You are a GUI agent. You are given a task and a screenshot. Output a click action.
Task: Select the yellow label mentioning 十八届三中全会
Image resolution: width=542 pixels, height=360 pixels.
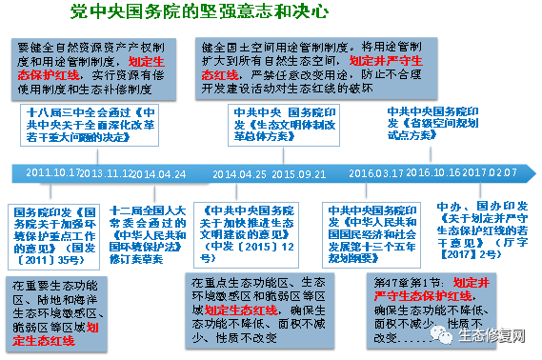pyautogui.click(x=94, y=123)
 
